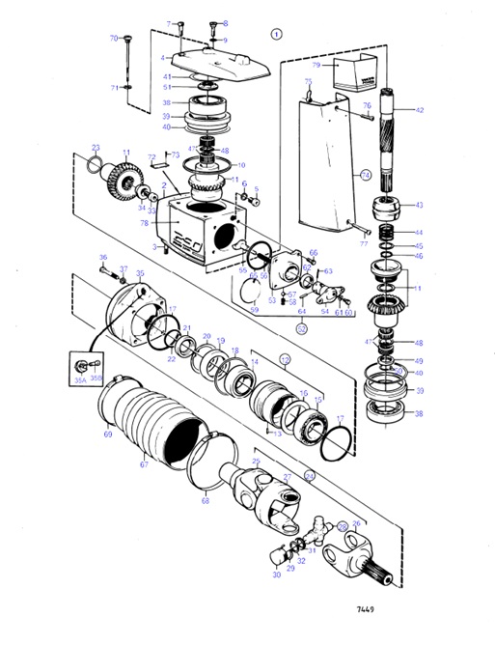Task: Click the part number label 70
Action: click(113, 39)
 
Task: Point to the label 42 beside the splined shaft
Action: click(420, 111)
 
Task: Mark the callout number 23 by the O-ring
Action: click(96, 148)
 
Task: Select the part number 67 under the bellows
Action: click(144, 463)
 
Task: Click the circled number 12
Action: click(285, 358)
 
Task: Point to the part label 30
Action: click(276, 575)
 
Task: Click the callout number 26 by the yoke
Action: click(356, 524)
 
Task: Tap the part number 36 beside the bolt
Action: click(103, 257)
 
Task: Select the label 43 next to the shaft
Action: click(420, 205)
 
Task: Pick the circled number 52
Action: click(302, 326)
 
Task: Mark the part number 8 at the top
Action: click(225, 23)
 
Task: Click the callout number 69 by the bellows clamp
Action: click(108, 435)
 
